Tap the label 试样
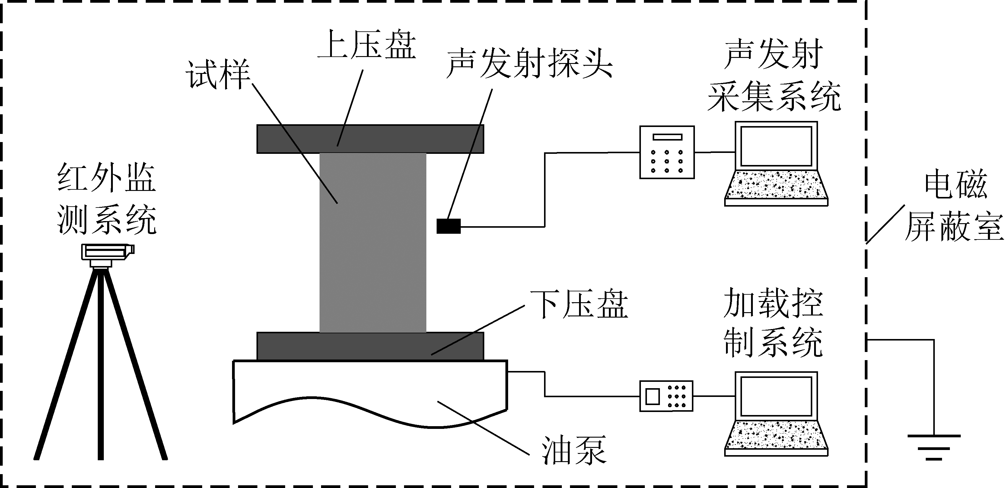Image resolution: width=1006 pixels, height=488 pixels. pos(218,75)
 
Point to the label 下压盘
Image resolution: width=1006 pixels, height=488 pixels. pos(579,305)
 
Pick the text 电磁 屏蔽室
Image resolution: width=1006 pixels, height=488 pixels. pos(955,207)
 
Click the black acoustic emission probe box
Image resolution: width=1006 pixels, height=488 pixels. pos(448,226)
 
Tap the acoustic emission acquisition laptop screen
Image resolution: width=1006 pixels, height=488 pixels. pos(776,146)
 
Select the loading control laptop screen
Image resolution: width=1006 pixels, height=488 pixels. pos(776,396)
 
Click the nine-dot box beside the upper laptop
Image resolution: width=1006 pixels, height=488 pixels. pos(667,152)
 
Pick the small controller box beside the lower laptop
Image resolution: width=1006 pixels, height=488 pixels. pos(666,396)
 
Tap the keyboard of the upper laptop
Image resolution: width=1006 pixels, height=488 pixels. pos(776,185)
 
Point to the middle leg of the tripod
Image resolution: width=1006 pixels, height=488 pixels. pos(101,363)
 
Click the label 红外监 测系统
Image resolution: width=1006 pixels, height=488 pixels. pos(107,199)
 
